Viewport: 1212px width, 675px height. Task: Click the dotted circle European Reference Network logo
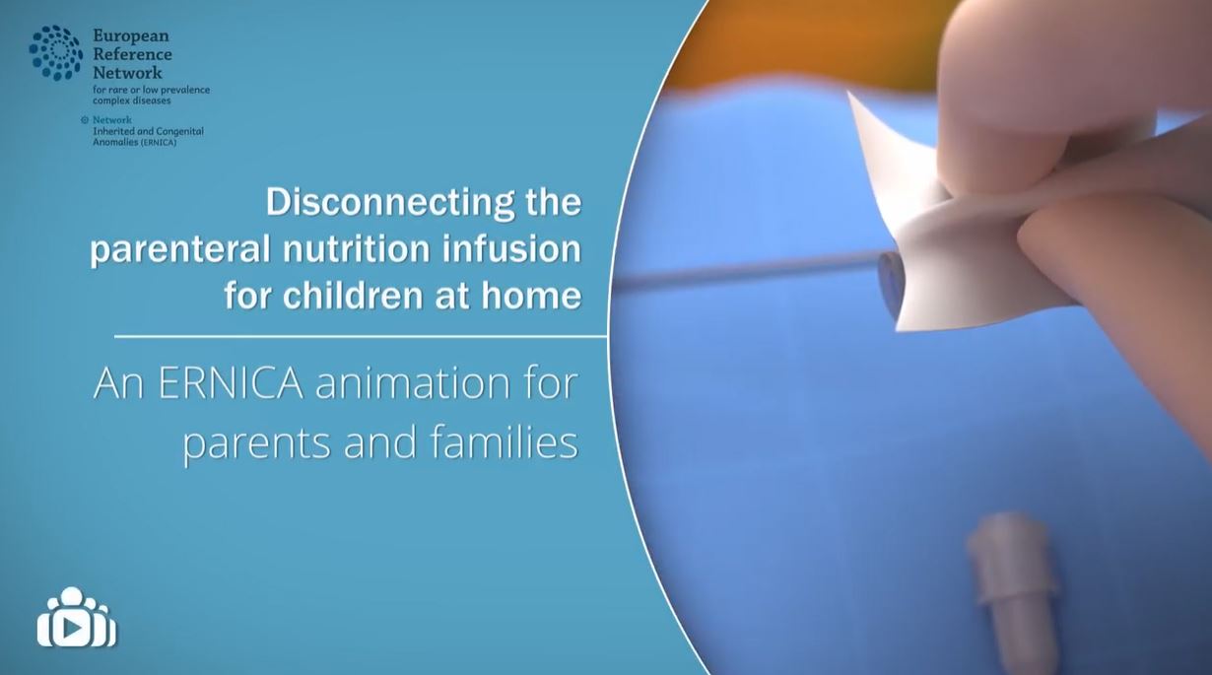tap(55, 53)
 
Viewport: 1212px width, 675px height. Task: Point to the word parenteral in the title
tap(178, 249)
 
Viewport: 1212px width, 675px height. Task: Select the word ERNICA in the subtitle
tap(230, 383)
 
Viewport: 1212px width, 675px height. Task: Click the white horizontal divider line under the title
tap(360, 337)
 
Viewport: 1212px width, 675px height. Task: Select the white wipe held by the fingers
tap(907, 197)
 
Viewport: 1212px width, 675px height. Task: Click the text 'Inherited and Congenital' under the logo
tap(148, 131)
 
